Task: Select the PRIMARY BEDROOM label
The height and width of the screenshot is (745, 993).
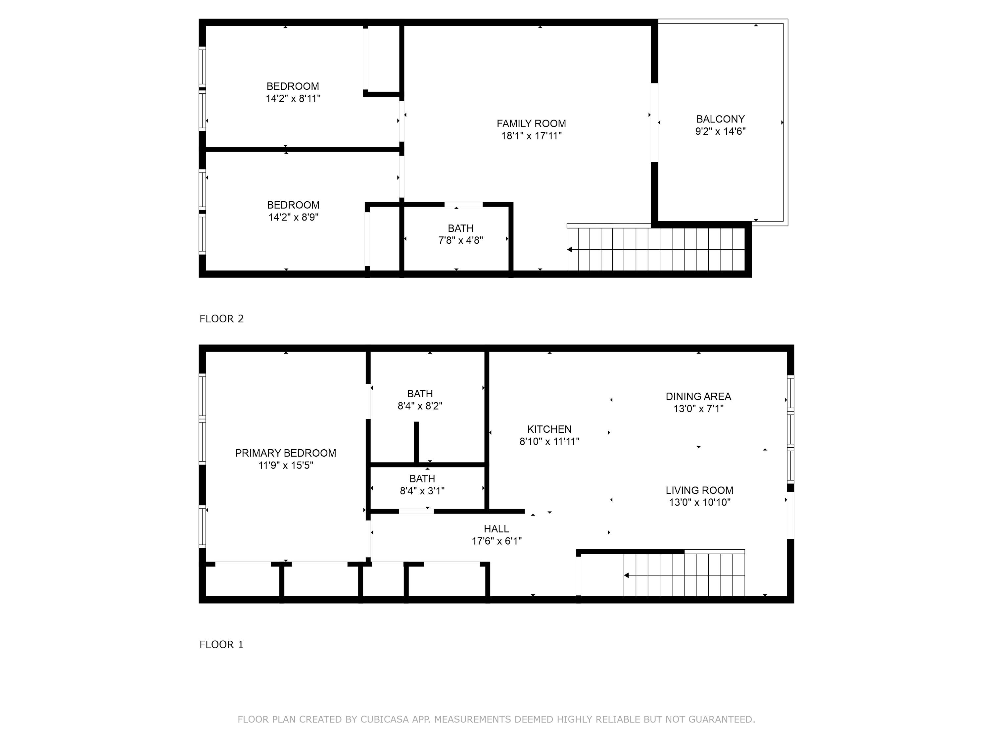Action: click(x=286, y=453)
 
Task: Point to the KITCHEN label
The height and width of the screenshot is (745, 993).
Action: click(x=549, y=429)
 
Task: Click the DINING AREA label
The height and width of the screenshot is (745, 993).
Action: click(x=698, y=397)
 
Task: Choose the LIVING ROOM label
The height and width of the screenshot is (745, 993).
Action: click(x=699, y=490)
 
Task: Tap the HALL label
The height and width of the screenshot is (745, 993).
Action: click(x=496, y=529)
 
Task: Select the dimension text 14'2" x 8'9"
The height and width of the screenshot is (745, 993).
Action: click(x=293, y=217)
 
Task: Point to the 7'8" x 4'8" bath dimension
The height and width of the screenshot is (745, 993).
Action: click(x=461, y=240)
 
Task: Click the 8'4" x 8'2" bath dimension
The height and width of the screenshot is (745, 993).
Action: click(x=420, y=406)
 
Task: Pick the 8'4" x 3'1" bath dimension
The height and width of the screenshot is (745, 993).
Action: click(x=422, y=491)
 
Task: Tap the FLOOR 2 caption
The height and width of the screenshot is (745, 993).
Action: click(x=221, y=319)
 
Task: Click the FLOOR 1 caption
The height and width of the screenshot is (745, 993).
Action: click(x=221, y=644)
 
